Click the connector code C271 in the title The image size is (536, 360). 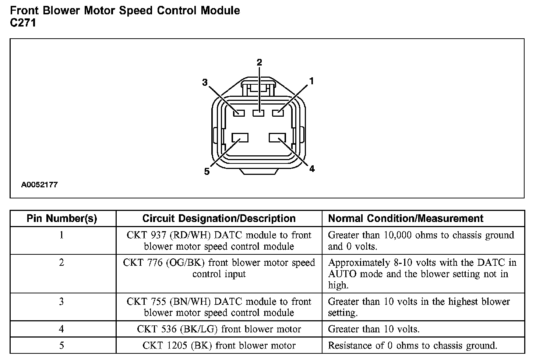point(23,23)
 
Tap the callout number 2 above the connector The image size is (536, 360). point(259,62)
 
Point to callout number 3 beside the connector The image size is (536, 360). point(205,82)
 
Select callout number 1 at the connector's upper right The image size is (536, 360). point(311,81)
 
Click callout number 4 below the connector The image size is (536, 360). point(312,169)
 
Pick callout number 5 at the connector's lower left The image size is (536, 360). point(207,172)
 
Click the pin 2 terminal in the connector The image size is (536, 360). point(258,113)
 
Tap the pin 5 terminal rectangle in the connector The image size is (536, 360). point(240,138)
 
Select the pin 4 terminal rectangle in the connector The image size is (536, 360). point(278,138)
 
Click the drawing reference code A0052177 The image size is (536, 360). point(39,185)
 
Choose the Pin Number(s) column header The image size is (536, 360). point(62,219)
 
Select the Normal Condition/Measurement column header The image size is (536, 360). point(406,219)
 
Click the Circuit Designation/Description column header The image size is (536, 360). point(219,219)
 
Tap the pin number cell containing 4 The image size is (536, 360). point(62,329)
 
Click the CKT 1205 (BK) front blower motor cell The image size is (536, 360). point(219,346)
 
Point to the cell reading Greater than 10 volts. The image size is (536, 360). point(374,329)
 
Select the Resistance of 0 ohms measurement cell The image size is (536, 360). point(412,346)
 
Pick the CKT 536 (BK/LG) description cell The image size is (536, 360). point(219,329)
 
